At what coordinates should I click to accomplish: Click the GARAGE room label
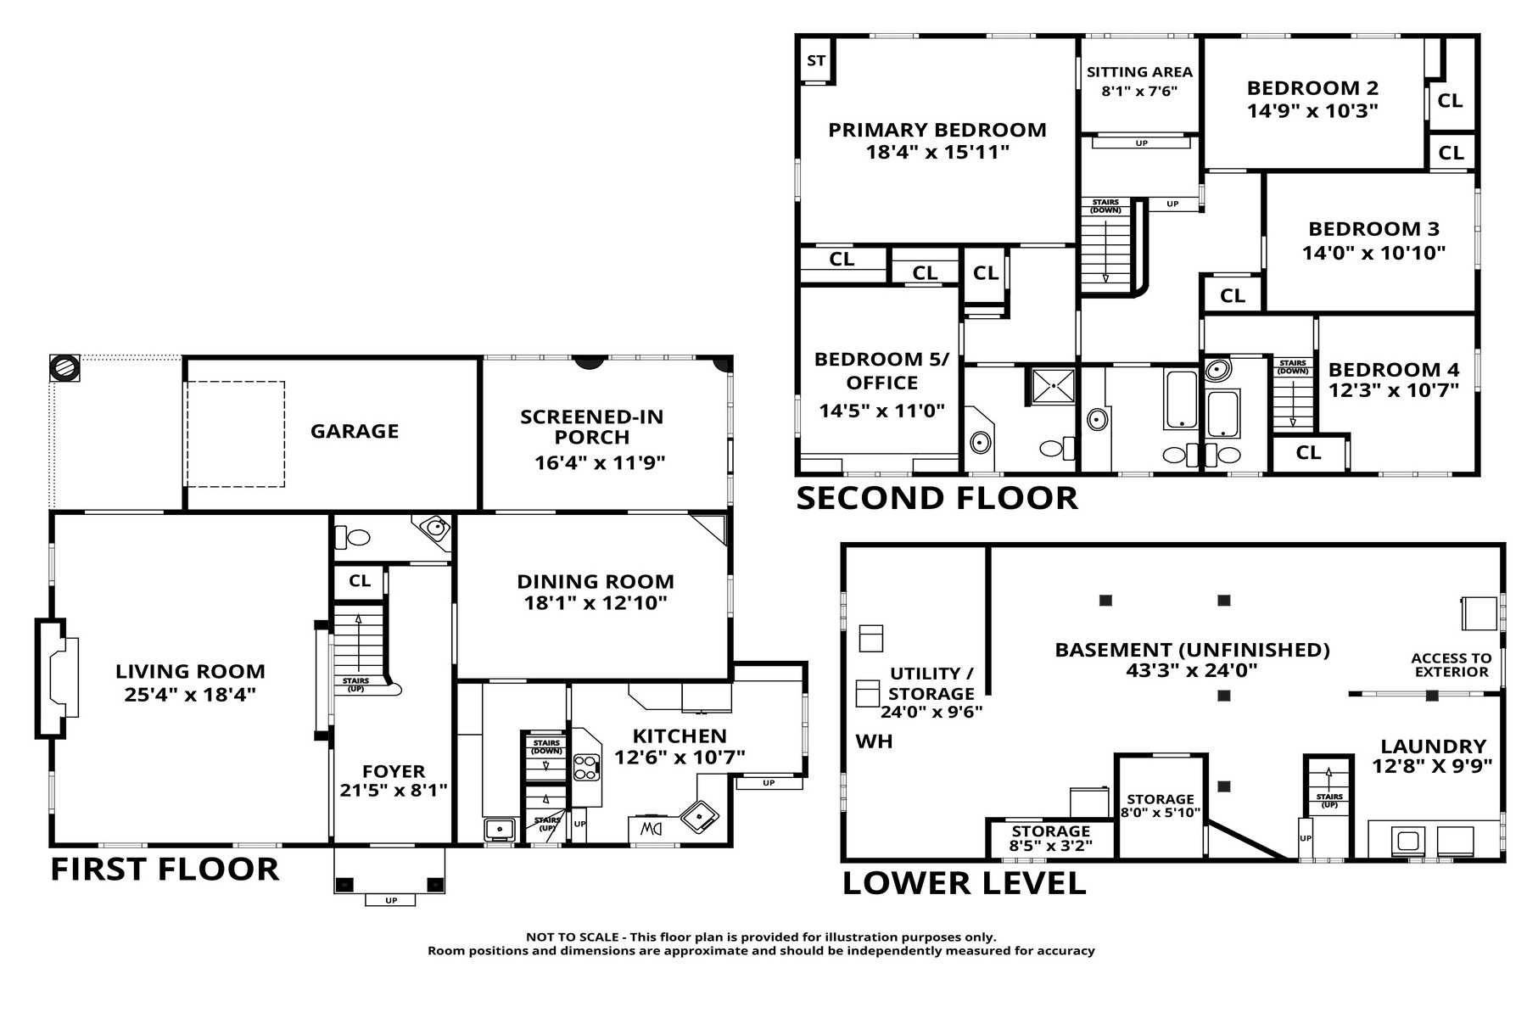click(x=355, y=431)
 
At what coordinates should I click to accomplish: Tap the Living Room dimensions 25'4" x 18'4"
click(x=190, y=694)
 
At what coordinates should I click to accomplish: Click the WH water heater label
click(x=874, y=741)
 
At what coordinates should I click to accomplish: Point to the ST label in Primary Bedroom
click(x=816, y=60)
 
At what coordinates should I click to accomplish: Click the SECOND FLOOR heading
click(x=937, y=498)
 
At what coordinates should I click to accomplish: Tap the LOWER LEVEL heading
click(x=964, y=883)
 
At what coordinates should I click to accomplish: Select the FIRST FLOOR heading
click(x=165, y=869)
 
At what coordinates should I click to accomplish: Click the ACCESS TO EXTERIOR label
click(x=1451, y=665)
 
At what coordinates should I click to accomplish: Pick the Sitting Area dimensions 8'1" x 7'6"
click(x=1140, y=92)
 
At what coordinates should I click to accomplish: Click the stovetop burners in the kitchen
click(x=586, y=768)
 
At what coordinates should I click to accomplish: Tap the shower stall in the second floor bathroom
click(x=1053, y=385)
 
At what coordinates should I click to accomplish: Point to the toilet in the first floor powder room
click(x=352, y=537)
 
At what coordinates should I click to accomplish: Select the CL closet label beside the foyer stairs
click(x=360, y=581)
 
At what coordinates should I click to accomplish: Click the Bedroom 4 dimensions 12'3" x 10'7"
click(x=1394, y=390)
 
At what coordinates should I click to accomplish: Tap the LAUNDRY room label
click(x=1434, y=747)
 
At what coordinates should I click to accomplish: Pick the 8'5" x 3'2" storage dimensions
click(x=1050, y=846)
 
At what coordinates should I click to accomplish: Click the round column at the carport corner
click(x=65, y=369)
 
